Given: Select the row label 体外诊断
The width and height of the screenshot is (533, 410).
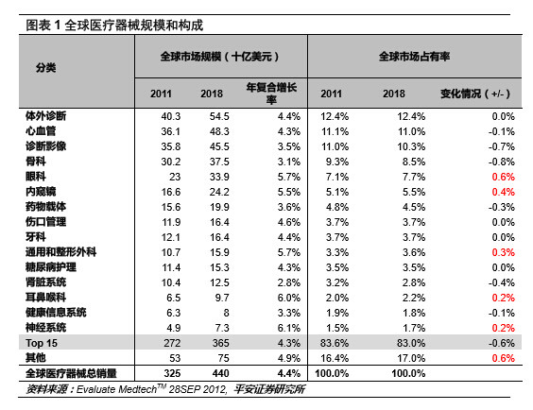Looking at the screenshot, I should pos(45,114).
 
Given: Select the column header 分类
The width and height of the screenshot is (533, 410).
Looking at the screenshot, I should pos(45,68).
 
